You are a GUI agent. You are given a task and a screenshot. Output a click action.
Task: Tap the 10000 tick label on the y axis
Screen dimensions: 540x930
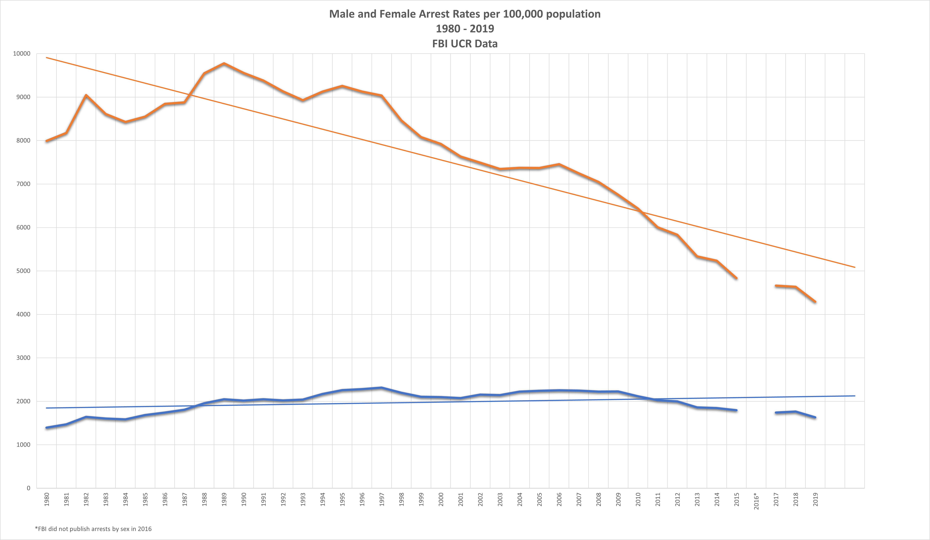(21, 54)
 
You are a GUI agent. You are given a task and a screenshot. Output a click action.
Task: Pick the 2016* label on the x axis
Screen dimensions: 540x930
(756, 501)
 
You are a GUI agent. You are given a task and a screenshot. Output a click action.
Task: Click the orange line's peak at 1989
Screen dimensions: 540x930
(224, 63)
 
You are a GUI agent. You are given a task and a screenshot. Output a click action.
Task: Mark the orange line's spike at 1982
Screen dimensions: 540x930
(86, 95)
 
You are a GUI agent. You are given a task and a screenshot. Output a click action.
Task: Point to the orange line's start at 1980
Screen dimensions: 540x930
(47, 141)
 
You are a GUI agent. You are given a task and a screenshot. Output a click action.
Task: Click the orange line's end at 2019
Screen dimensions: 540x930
(815, 302)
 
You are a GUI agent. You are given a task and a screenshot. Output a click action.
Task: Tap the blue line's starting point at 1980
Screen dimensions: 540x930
(47, 428)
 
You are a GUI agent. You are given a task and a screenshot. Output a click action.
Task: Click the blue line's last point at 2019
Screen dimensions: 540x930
(815, 418)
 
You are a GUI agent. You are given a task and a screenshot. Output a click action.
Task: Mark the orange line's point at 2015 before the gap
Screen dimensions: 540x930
(737, 278)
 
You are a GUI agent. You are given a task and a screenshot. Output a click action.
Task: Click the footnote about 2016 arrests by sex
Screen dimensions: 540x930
(93, 529)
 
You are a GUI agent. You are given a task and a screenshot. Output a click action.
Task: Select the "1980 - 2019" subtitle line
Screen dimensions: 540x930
(465, 29)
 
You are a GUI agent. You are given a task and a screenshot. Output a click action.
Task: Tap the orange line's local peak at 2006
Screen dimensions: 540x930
(559, 164)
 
